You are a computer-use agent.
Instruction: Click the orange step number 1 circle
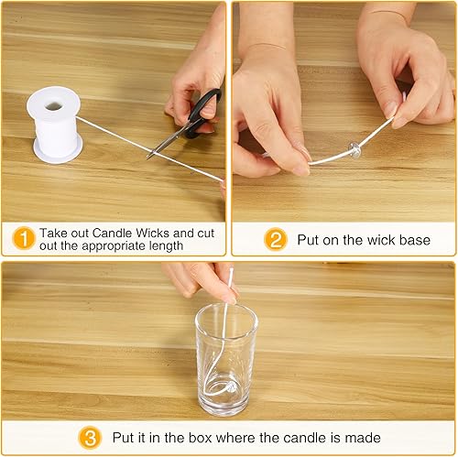pos(24,239)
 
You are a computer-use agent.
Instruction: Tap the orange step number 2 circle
pos(276,240)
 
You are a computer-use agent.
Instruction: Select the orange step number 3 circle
pos(90,438)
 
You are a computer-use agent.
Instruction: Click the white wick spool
pos(55,125)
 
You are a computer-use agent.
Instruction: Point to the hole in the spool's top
pos(54,106)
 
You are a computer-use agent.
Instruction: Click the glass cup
pos(226,361)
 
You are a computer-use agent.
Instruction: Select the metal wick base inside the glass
pos(231,388)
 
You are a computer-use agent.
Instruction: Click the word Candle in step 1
pos(112,234)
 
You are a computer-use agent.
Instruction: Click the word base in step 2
pos(415,240)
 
